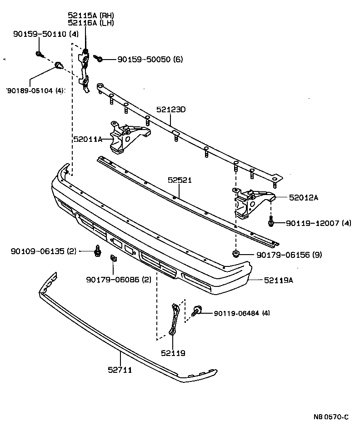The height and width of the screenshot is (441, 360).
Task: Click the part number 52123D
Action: pos(171,110)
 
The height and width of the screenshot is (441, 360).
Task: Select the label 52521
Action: pos(180,180)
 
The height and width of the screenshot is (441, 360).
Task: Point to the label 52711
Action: pos(120,370)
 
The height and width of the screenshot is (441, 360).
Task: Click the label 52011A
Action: pos(88,139)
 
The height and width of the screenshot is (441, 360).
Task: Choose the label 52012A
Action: pos(304,197)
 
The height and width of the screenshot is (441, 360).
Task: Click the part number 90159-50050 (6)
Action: pos(150,59)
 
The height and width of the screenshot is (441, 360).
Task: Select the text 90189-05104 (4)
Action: pos(35,90)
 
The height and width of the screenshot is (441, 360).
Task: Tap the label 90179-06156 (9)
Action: pos(289,255)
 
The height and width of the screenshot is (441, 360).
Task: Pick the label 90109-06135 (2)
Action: pos(44,251)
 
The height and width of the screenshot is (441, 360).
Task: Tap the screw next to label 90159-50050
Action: pos(99,58)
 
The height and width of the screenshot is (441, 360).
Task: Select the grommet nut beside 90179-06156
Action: pos(236,254)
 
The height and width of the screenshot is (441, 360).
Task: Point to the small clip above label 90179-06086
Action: pos(113,260)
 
